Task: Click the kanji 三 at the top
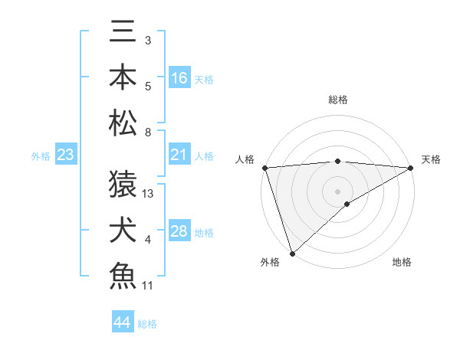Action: pos(123,34)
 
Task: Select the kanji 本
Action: pos(123,77)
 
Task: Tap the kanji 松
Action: pos(123,122)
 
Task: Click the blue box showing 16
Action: pos(179,78)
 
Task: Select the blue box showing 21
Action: pos(179,155)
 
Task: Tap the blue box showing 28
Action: pos(179,231)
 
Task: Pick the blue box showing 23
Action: pos(66,155)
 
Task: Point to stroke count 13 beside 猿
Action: pos(149,194)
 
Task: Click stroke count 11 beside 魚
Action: pos(148,286)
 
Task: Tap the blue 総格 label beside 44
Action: pos(147,324)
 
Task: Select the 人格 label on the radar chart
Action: pos(245,159)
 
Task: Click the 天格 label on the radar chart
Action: pos(431,159)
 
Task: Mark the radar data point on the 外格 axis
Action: pos(292,253)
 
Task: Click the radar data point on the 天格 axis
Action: pos(411,168)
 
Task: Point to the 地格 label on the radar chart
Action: pos(402,262)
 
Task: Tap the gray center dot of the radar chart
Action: pos(337,191)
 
